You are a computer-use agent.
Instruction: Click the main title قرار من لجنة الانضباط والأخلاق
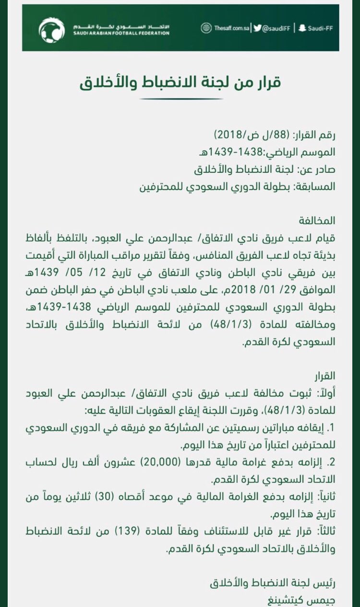click(180, 82)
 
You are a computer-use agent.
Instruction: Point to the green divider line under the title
click(180, 99)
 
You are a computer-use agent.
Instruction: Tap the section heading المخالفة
click(317, 221)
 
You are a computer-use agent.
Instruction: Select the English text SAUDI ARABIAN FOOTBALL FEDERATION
click(121, 33)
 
